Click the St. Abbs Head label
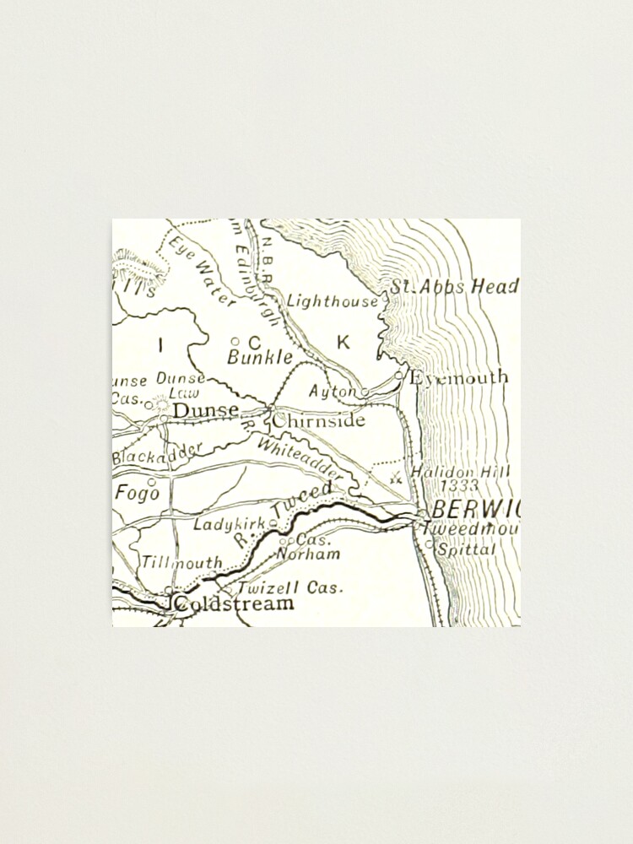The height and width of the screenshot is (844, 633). pos(453,287)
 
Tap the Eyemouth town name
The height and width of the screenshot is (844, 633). pos(459,377)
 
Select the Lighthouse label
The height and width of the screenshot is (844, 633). pos(333,300)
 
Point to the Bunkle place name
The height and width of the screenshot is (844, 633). pos(260,357)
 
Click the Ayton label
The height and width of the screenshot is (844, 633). pos(333,392)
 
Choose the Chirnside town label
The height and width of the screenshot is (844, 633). pos(319,419)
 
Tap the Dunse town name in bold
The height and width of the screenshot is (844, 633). pos(205,410)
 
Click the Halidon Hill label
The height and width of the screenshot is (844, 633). pos(461,473)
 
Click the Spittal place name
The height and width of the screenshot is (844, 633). pos(466,549)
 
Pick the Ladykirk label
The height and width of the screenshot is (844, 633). pos(230,524)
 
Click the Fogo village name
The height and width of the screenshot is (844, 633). pos(137,492)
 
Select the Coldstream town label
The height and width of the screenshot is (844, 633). pos(234,603)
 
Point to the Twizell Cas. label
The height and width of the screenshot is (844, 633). pos(290,587)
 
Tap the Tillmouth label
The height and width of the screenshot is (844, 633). pos(181,562)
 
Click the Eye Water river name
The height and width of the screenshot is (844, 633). pos(203,271)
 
